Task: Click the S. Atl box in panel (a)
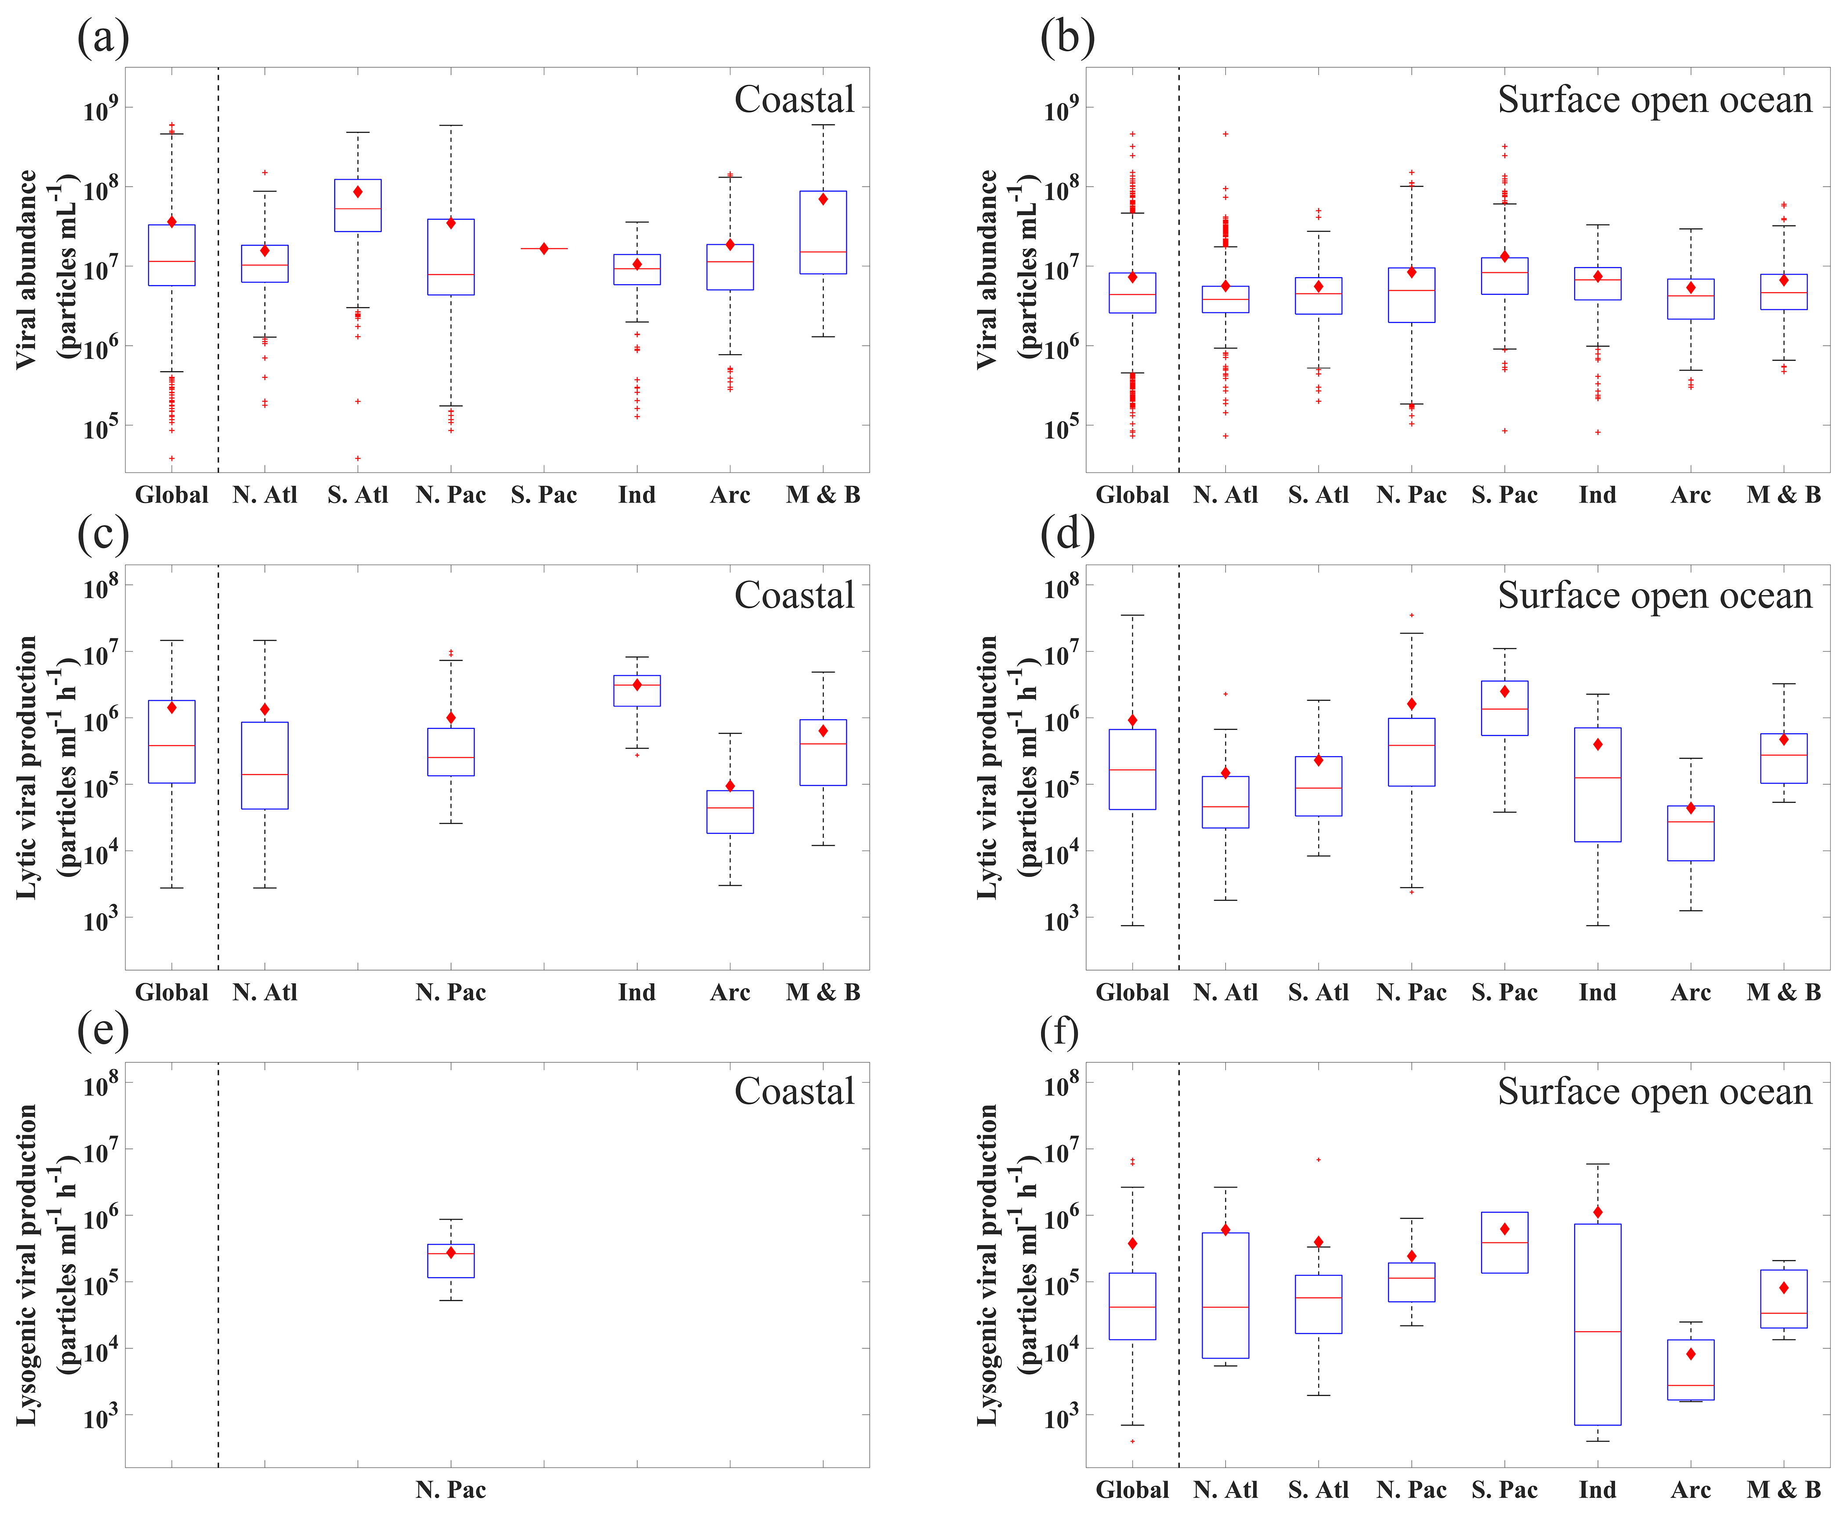(358, 206)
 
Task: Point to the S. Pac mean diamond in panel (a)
(543, 249)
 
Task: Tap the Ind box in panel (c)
(636, 691)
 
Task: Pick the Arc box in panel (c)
(730, 812)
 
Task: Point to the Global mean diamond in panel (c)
(172, 707)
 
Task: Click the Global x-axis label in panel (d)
(1132, 992)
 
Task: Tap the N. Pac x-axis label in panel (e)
(451, 1489)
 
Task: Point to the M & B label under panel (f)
(1783, 1489)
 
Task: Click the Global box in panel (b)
(1132, 293)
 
